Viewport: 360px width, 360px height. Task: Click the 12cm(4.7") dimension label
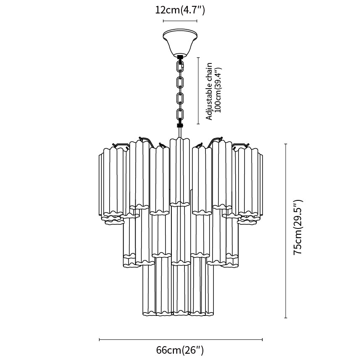tap(180, 11)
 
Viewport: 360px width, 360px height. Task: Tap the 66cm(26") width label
tap(180, 350)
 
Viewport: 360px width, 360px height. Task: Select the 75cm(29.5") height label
tap(298, 227)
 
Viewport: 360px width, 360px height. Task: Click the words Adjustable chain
tap(209, 91)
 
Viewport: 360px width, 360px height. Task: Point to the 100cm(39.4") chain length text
tap(218, 90)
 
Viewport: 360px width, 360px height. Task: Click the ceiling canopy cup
tap(180, 42)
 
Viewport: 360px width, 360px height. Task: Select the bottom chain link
tap(180, 114)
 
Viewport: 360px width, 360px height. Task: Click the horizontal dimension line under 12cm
tap(180, 21)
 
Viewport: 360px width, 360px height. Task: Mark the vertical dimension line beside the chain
tap(198, 91)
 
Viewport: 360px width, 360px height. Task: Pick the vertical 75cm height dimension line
tap(286, 231)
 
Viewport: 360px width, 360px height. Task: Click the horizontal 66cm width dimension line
tap(181, 339)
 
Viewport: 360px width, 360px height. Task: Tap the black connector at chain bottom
tap(180, 125)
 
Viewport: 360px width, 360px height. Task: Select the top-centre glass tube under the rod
tap(180, 171)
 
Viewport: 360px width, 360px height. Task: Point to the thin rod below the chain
tap(180, 132)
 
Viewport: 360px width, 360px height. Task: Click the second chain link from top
tap(180, 82)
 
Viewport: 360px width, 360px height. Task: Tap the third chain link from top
tap(180, 98)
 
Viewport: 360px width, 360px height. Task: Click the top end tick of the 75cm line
tap(286, 144)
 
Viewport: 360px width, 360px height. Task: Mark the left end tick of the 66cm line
tap(99, 339)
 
